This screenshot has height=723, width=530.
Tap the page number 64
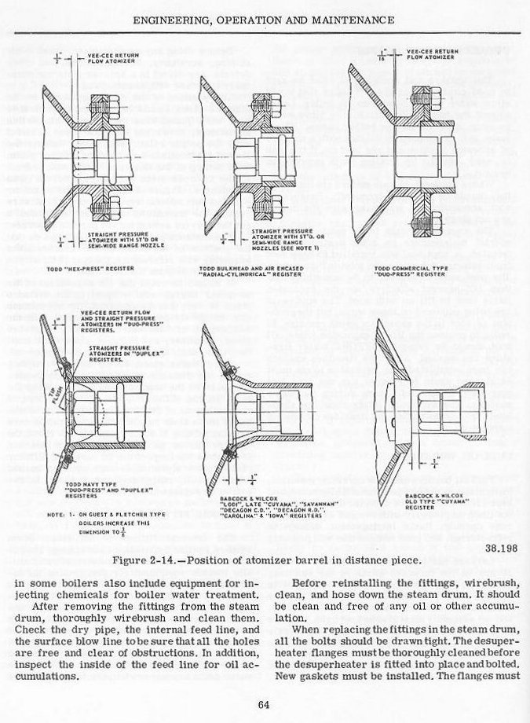click(x=264, y=703)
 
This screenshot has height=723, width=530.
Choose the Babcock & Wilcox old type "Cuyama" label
click(x=442, y=501)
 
